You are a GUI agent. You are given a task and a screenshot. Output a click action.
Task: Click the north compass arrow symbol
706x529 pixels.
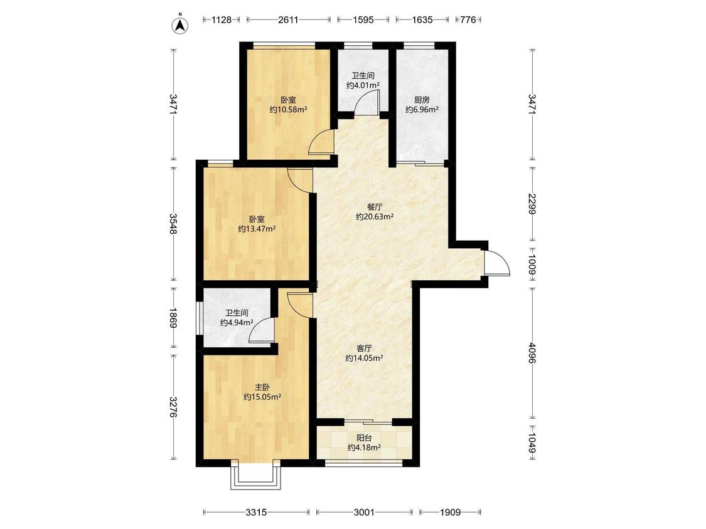[179, 25]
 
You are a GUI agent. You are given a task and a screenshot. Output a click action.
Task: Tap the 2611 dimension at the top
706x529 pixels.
[288, 20]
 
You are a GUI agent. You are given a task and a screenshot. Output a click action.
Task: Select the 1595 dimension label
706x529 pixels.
[363, 20]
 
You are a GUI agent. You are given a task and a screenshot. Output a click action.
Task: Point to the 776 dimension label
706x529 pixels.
[468, 20]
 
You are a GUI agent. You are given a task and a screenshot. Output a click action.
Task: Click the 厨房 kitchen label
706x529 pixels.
[422, 100]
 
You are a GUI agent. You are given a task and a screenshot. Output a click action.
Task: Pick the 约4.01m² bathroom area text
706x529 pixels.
[363, 85]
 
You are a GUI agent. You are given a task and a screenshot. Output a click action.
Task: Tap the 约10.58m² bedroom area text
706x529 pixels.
[288, 109]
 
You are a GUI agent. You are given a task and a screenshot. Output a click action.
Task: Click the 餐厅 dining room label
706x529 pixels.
[375, 207]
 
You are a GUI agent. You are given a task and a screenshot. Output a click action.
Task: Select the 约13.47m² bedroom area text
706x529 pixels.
[257, 229]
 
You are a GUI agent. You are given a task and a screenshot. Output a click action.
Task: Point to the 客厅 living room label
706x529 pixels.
[364, 348]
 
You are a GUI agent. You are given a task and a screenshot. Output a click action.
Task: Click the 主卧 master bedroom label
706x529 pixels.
[262, 387]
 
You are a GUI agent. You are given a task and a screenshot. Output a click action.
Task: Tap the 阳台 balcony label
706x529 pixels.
[364, 437]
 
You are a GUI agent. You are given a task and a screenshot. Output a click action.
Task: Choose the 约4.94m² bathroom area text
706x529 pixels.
[237, 323]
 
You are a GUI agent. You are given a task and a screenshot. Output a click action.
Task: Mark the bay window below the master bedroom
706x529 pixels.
[256, 476]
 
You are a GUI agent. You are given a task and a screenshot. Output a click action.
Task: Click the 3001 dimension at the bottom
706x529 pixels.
[364, 512]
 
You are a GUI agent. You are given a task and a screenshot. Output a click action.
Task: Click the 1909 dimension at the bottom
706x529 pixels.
[450, 512]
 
